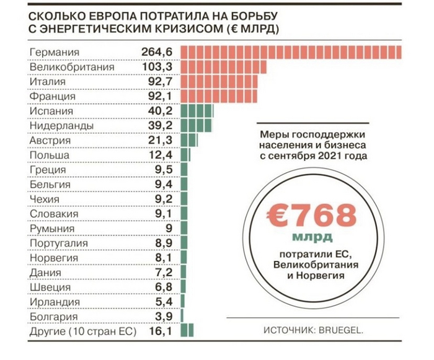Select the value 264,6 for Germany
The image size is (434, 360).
point(157,52)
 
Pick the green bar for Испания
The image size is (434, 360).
point(197,112)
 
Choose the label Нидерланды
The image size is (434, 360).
point(61,126)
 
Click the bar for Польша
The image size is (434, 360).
point(185,156)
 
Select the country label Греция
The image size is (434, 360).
point(47,170)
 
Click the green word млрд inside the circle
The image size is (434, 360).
point(311,238)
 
